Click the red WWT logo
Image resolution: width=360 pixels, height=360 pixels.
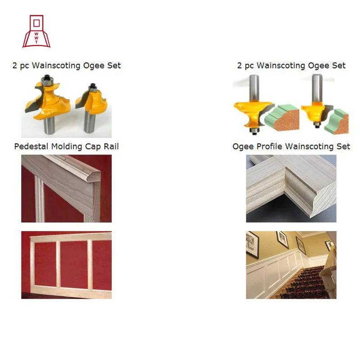(36, 31)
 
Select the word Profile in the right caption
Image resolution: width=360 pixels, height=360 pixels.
(269, 147)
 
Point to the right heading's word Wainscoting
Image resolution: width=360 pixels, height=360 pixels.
(281, 66)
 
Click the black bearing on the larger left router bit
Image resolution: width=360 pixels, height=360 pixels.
(47, 78)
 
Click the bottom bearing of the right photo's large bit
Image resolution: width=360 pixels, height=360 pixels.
(254, 131)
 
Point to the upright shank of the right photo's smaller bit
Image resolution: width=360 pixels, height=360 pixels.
(317, 88)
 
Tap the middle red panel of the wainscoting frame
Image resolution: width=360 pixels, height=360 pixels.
(74, 264)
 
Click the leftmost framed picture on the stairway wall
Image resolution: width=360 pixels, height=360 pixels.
(252, 244)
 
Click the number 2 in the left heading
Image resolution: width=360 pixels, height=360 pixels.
(15, 66)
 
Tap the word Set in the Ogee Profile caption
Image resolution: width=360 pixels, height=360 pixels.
(343, 147)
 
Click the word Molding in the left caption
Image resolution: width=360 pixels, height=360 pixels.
(67, 147)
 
